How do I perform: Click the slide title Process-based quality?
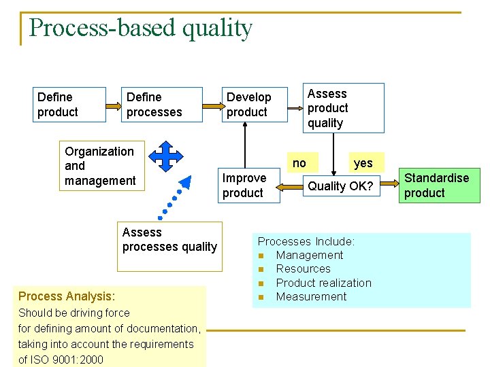tap(141, 28)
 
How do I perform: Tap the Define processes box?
tap(163, 105)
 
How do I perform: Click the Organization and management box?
tap(101, 166)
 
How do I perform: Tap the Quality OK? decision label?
tap(340, 186)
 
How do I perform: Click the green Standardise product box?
tap(436, 186)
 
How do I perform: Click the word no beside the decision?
tap(299, 163)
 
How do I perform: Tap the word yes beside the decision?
tap(363, 163)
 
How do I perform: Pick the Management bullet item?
tap(309, 255)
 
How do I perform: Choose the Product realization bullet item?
tap(323, 283)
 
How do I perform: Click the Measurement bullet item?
tap(311, 296)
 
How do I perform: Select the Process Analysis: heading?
tap(67, 296)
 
